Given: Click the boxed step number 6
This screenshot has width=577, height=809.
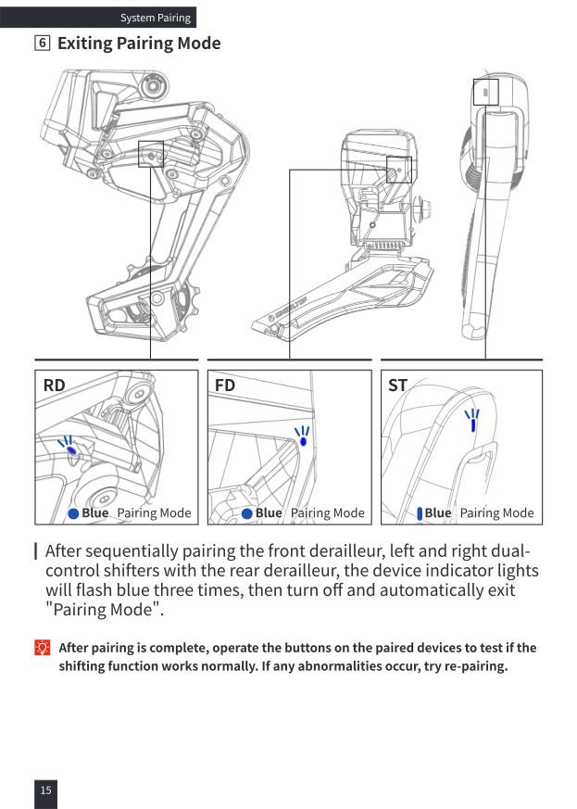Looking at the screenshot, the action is pos(43,43).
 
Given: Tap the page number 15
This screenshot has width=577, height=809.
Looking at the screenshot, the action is pos(46,790).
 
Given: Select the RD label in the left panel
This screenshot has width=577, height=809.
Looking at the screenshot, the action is pos(54,386).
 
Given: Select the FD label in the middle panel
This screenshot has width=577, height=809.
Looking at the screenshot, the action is pos(225,386).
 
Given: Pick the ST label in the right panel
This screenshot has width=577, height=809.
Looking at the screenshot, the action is pos(397,386).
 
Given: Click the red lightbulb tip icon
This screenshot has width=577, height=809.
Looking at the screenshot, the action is pos(43,647).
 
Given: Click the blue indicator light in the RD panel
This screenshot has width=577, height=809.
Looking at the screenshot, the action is pos(71,449).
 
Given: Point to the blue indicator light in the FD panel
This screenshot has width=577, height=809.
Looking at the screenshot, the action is pos(303,442).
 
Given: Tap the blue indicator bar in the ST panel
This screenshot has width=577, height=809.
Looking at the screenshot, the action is pos(473,424).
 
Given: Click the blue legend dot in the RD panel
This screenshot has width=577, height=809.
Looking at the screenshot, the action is pos(73,513).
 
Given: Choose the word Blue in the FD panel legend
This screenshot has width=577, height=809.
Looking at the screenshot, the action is pos(269,512).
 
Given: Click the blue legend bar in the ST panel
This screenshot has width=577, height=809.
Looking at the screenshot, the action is pos(420,513).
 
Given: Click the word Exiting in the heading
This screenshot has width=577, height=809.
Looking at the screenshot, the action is pos(84,44).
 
